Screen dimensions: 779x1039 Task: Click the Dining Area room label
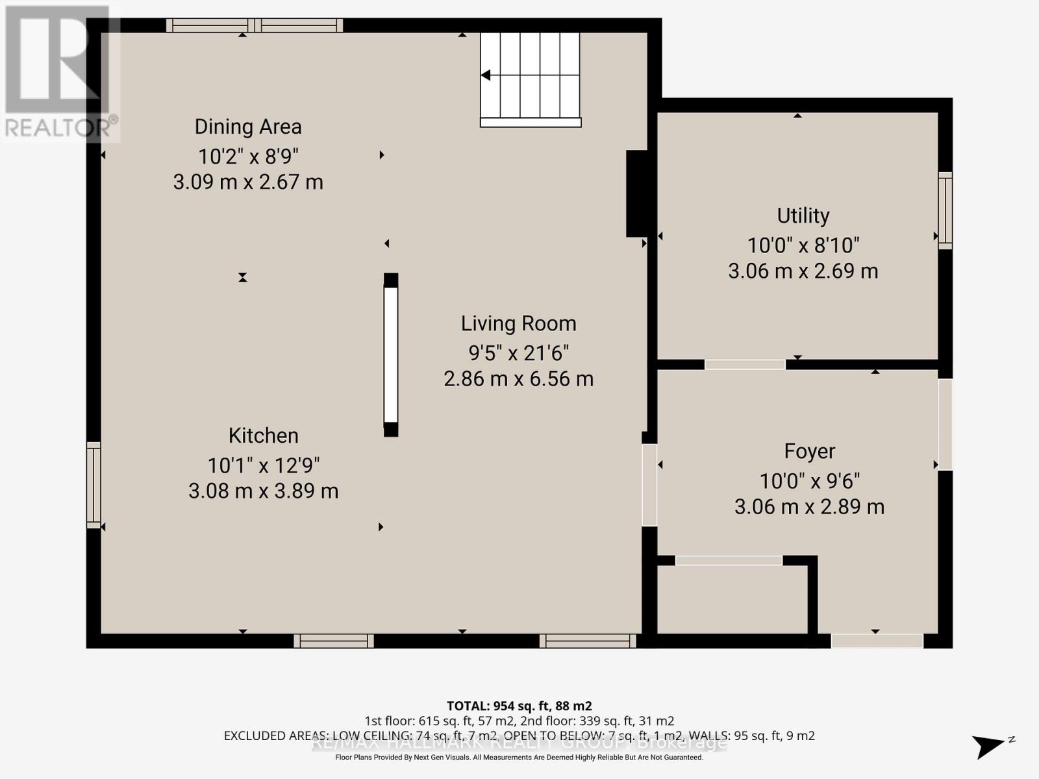click(x=248, y=127)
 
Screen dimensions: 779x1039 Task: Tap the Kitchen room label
click(x=263, y=436)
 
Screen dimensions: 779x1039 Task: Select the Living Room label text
click(x=518, y=323)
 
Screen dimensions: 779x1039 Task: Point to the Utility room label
click(x=803, y=216)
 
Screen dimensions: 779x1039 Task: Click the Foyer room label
click(x=809, y=451)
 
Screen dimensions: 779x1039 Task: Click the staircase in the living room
click(x=531, y=77)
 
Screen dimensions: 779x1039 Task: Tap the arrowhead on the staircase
click(x=486, y=76)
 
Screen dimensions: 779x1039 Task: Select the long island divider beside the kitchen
click(x=390, y=354)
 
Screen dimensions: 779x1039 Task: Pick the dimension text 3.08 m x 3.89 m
click(x=263, y=491)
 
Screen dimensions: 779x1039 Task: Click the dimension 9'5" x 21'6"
click(x=518, y=353)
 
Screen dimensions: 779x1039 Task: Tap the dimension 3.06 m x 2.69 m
click(x=803, y=271)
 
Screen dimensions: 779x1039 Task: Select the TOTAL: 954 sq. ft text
click(x=518, y=706)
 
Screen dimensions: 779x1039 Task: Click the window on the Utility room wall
click(x=945, y=210)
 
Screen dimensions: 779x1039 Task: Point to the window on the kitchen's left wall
click(x=94, y=484)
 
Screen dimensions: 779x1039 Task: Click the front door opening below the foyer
click(x=877, y=641)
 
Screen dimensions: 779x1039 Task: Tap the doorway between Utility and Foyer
click(x=745, y=364)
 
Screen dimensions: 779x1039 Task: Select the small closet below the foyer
click(x=732, y=599)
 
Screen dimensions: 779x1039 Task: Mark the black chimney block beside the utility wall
click(x=637, y=193)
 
